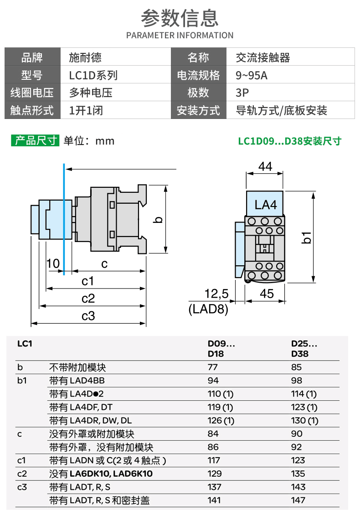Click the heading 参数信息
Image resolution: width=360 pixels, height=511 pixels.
click(x=180, y=18)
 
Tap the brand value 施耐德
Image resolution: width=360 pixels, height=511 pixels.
click(x=85, y=58)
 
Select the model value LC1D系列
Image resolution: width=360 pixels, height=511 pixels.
click(x=93, y=76)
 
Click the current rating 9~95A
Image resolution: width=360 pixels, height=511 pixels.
click(x=252, y=76)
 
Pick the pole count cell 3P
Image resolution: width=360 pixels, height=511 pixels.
click(x=242, y=93)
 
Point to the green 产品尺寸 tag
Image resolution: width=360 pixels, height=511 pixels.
click(x=35, y=140)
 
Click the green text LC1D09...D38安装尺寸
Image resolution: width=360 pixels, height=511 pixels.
click(x=289, y=141)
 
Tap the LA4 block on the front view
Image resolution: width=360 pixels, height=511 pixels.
click(x=265, y=205)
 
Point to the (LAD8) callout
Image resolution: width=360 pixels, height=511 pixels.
click(x=208, y=309)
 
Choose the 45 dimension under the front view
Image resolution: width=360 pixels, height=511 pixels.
click(x=267, y=294)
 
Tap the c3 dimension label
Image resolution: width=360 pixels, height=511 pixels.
click(x=88, y=315)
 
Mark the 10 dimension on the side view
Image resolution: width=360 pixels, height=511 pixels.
click(x=53, y=264)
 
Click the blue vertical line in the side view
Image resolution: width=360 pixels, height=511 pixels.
click(x=64, y=219)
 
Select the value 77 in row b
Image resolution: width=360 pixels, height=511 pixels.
click(x=213, y=367)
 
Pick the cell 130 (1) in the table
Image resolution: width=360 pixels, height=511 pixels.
click(x=304, y=420)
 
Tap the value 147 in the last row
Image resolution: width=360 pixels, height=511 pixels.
click(x=298, y=500)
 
